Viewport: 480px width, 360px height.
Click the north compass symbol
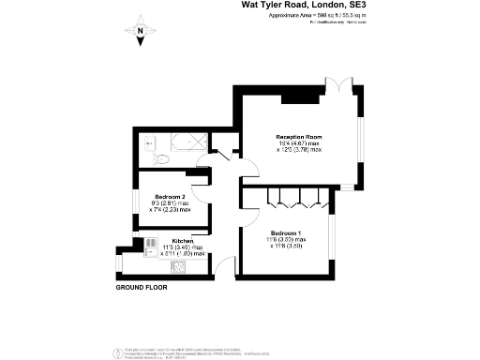click(x=140, y=32)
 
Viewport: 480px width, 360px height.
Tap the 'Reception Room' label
click(x=298, y=135)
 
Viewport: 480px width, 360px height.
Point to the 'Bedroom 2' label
click(x=170, y=196)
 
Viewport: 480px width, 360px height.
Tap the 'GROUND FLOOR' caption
click(x=142, y=287)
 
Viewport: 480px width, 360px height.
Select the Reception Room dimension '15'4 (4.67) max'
click(x=298, y=142)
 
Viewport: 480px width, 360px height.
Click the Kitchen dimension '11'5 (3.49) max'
click(x=182, y=247)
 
